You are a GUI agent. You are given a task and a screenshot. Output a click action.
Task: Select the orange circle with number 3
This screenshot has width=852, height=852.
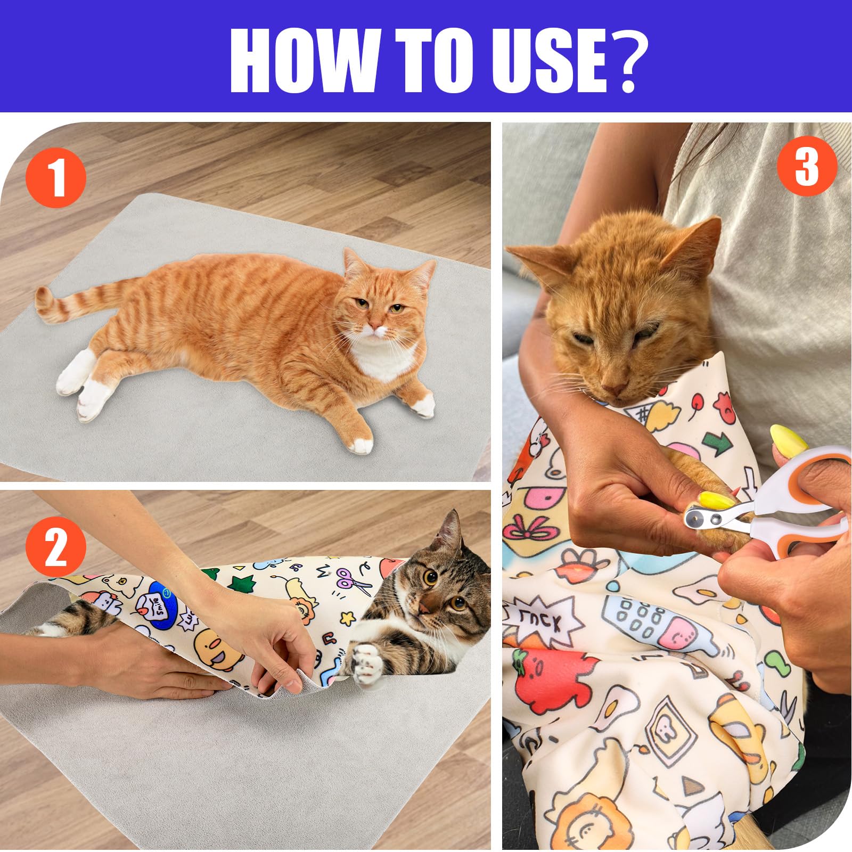(807, 166)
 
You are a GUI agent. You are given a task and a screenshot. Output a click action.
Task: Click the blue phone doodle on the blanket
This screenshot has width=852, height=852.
(652, 620)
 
